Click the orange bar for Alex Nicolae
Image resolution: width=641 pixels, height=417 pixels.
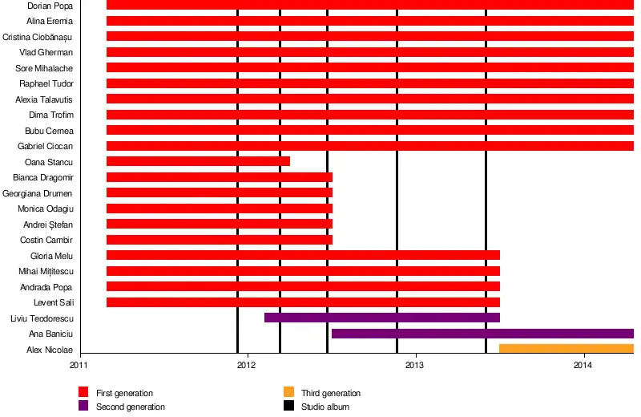pos(566,349)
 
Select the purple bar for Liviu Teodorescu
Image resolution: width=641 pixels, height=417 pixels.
pos(381,318)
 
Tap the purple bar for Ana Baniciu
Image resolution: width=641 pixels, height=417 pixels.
pos(482,334)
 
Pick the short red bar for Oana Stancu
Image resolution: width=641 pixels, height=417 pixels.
pos(198,161)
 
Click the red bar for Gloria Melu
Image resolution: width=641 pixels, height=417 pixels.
pos(303,255)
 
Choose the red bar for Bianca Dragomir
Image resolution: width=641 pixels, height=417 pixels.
pos(219,177)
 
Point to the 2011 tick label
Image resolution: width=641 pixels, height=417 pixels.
pos(79,365)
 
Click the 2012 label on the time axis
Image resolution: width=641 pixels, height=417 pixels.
pos(247,365)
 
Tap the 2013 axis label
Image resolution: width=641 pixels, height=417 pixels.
pos(415,365)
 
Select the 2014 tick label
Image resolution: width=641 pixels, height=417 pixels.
pos(583,365)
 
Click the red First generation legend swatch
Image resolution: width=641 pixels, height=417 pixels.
pos(83,393)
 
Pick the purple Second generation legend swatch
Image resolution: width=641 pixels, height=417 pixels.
pos(83,406)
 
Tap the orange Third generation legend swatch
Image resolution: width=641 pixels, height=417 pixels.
pos(288,393)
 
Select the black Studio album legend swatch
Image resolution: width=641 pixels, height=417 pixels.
pos(288,406)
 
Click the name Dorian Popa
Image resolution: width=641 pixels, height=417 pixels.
pos(50,6)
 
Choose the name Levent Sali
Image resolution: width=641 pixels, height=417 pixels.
pos(53,302)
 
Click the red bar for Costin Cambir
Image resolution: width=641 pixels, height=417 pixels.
pos(219,240)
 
